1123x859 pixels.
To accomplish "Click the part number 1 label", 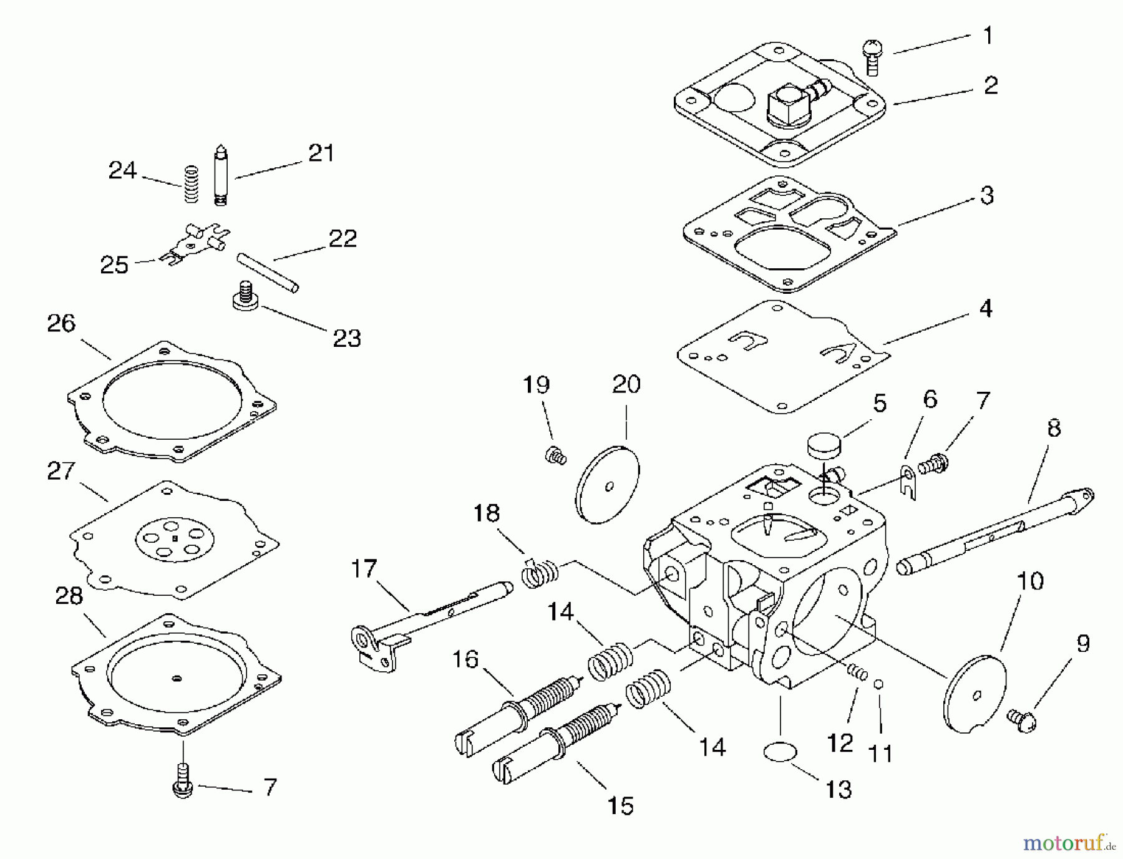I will pyautogui.click(x=988, y=36).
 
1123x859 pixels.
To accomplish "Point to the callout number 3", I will pyautogui.click(x=986, y=195).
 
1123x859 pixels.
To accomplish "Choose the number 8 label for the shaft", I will pyautogui.click(x=1054, y=429).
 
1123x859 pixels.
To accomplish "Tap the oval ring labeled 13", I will pyautogui.click(x=780, y=752).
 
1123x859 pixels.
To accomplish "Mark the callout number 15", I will pyautogui.click(x=621, y=805).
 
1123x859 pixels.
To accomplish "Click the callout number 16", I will pyautogui.click(x=465, y=659).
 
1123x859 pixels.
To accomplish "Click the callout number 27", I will pyautogui.click(x=61, y=471).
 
